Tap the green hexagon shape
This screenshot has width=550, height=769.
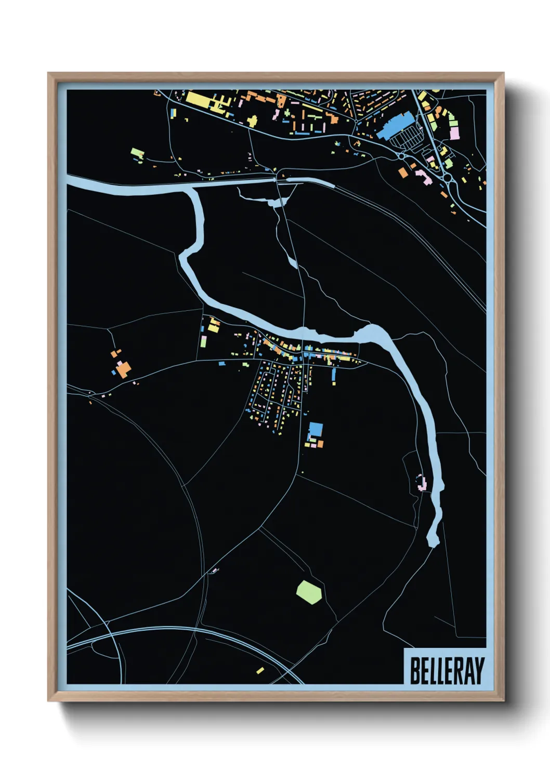[x=309, y=592]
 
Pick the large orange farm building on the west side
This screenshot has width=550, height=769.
[x=124, y=369]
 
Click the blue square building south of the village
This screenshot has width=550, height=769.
[x=316, y=430]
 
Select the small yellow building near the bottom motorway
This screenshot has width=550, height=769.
[x=260, y=670]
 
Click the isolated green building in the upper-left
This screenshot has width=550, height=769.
[x=137, y=153]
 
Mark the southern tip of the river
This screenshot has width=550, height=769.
[x=433, y=542]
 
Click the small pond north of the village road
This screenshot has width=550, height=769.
[x=293, y=262]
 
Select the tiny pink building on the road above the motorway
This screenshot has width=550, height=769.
[x=213, y=572]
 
